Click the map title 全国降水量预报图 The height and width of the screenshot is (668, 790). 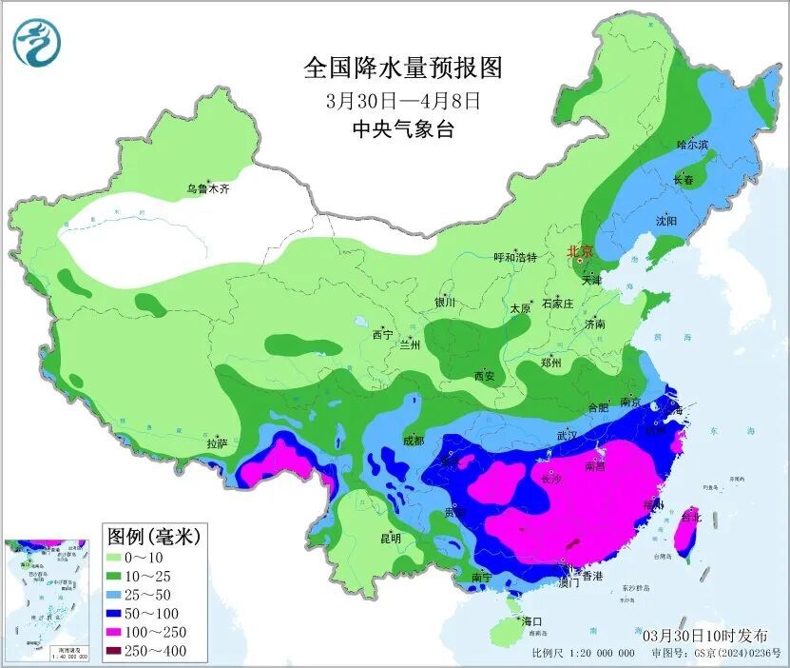(402, 68)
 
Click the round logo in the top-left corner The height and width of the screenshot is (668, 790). (36, 43)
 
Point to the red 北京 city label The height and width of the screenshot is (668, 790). (579, 252)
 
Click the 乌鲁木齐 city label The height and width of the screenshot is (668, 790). (207, 189)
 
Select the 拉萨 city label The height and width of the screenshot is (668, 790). (217, 443)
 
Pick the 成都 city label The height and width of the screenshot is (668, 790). (413, 441)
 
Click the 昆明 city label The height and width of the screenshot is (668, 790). (391, 539)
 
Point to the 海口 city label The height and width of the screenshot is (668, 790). (530, 621)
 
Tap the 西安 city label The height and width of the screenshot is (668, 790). (484, 377)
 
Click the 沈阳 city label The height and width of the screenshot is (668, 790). (666, 221)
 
